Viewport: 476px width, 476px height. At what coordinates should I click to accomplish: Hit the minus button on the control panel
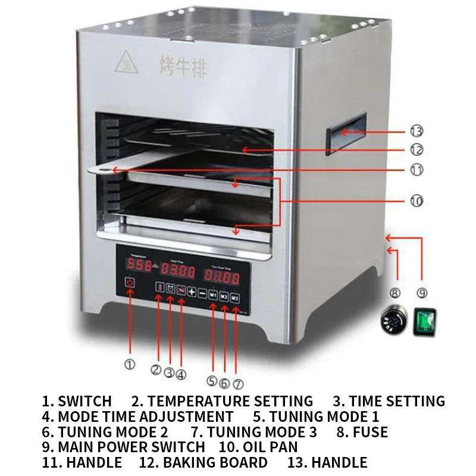click(202, 292)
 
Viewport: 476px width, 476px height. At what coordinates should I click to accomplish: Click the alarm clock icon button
click(170, 288)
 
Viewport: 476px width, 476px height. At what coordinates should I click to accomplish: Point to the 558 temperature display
click(135, 265)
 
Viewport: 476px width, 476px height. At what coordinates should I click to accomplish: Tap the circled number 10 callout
click(416, 201)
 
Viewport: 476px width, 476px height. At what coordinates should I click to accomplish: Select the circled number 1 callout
click(129, 364)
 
